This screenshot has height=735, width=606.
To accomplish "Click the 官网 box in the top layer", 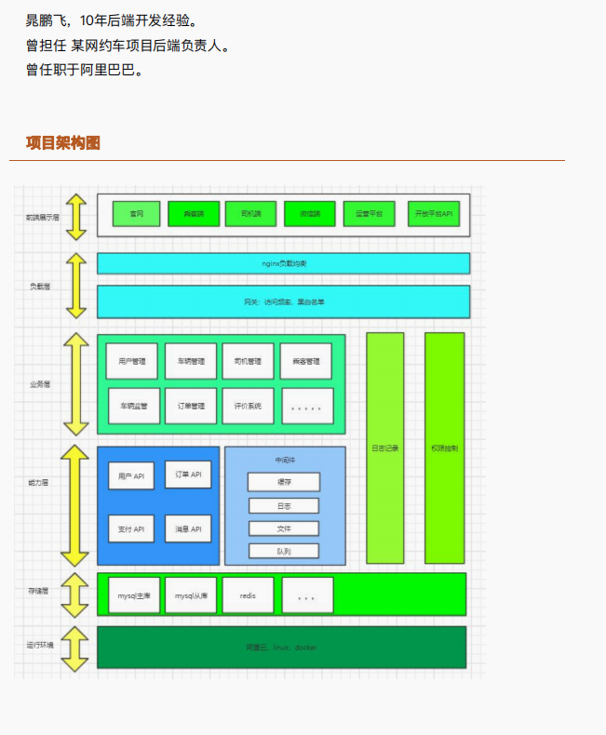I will tap(136, 214).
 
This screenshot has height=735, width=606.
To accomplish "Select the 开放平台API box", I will tap(434, 214).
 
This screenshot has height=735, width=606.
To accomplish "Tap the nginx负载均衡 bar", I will tap(283, 263).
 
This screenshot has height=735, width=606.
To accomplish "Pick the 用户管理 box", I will tap(132, 361).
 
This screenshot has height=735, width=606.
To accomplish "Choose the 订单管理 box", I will tap(191, 406).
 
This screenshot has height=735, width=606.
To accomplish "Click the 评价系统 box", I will tap(248, 406).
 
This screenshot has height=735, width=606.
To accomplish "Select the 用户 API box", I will tap(132, 475).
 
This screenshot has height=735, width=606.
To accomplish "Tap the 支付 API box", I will tap(132, 528).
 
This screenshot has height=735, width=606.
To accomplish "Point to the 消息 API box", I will tap(189, 528).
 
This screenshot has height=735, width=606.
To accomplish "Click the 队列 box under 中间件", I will tap(284, 551).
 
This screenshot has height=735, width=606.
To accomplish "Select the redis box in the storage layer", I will tap(248, 595).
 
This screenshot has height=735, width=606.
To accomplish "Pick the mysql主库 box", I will tap(133, 595).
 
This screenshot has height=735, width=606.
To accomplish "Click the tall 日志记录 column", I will tap(384, 448).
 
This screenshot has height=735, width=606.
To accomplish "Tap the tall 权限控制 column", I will tap(444, 448).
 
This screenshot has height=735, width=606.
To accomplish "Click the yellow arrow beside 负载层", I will tap(75, 286).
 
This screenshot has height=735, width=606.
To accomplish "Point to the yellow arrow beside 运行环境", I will tap(75, 646).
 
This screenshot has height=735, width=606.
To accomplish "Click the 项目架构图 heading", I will tap(63, 142).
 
